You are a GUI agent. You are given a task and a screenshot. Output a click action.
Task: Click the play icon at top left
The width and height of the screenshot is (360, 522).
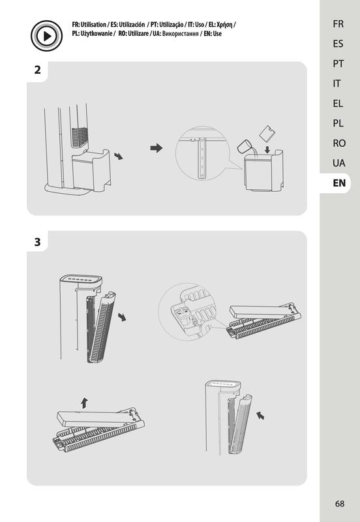[46, 36]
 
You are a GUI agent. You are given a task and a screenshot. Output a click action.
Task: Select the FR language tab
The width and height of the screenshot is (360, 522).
[338, 24]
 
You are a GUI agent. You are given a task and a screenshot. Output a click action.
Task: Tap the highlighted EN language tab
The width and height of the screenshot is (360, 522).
[339, 183]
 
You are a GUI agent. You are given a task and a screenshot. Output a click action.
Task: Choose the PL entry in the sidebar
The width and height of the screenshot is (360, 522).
[338, 123]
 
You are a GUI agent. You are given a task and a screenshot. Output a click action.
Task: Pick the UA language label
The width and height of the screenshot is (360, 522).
[338, 162]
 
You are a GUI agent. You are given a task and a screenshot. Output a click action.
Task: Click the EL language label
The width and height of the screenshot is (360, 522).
[338, 103]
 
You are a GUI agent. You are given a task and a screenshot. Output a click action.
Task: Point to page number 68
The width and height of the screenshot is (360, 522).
[339, 504]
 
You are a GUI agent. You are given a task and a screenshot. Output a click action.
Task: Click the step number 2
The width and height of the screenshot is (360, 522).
[38, 70]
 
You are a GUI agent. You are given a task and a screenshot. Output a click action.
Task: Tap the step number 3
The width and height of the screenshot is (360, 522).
[38, 241]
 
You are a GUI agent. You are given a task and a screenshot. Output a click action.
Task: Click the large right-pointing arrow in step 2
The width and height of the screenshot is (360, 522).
[157, 148]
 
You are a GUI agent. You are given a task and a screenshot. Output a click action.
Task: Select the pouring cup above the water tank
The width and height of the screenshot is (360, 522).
[245, 146]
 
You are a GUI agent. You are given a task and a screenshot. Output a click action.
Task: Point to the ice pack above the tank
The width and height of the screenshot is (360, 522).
[267, 134]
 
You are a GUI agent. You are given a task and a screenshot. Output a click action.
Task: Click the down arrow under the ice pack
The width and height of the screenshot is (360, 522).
[267, 149]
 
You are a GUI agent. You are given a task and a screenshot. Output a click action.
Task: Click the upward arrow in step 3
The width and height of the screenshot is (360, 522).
[85, 403]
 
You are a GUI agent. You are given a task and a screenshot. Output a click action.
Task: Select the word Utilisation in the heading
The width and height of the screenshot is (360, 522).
[93, 25]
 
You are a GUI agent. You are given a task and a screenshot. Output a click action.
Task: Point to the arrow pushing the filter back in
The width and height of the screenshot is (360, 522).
[260, 415]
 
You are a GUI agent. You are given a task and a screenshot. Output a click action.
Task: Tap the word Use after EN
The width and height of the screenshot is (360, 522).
[217, 34]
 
